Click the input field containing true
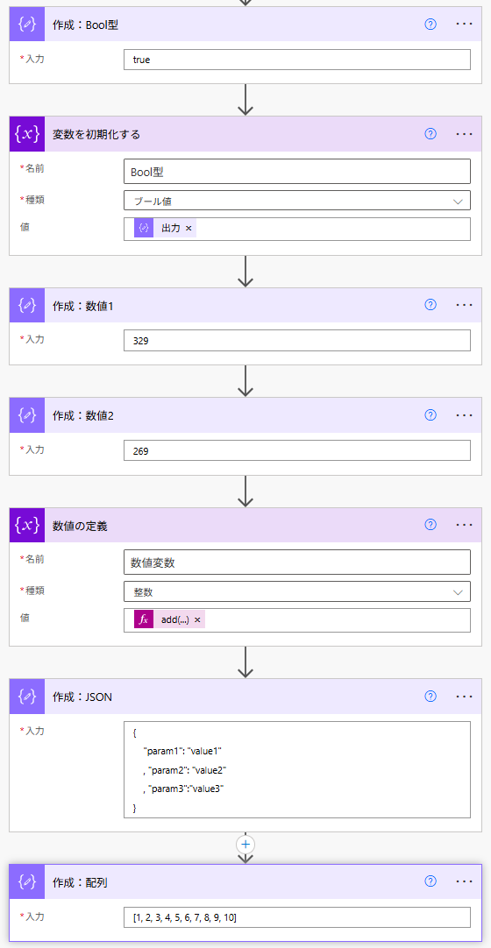pyautogui.click(x=297, y=60)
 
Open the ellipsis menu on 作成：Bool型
pyautogui.click(x=464, y=24)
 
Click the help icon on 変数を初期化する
pyautogui.click(x=431, y=134)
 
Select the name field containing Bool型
pyautogui.click(x=297, y=171)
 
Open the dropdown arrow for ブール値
pyautogui.click(x=458, y=201)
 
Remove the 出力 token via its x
pyautogui.click(x=189, y=228)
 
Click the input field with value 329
pyautogui.click(x=297, y=340)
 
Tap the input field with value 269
pyautogui.click(x=297, y=450)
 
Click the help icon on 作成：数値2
pyautogui.click(x=431, y=414)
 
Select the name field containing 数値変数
pyautogui.click(x=297, y=562)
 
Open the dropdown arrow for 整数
pyautogui.click(x=458, y=591)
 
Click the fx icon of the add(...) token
pyautogui.click(x=144, y=619)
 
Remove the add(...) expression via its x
pyautogui.click(x=197, y=619)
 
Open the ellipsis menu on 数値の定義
pyautogui.click(x=464, y=524)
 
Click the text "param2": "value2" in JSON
pyautogui.click(x=187, y=769)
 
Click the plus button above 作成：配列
pyautogui.click(x=245, y=844)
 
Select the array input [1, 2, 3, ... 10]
pyautogui.click(x=297, y=917)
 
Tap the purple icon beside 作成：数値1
pyautogui.click(x=27, y=305)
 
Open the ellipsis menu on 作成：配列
pyautogui.click(x=464, y=881)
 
